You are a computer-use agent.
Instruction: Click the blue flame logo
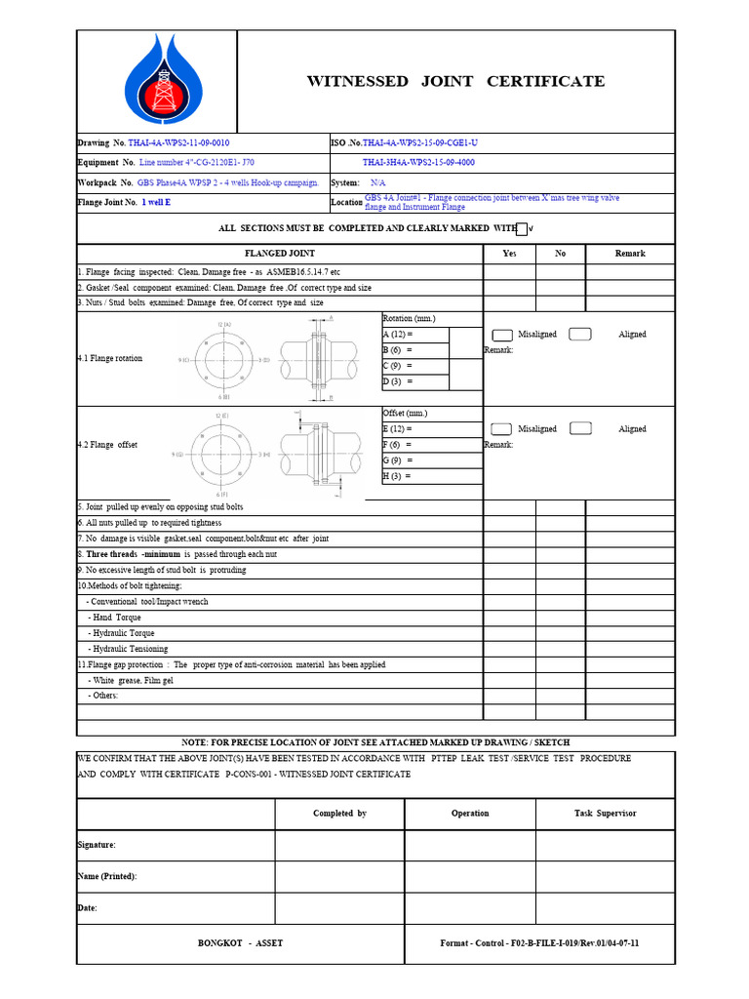(x=157, y=80)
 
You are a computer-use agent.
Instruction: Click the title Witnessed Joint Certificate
(x=455, y=81)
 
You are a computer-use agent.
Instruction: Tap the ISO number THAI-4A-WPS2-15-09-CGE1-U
(x=420, y=142)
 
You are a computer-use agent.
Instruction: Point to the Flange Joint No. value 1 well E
(x=157, y=203)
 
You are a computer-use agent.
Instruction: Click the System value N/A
(x=377, y=182)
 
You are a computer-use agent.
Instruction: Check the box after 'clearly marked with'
(x=521, y=229)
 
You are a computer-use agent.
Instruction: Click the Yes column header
(x=509, y=254)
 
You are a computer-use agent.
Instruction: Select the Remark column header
(x=629, y=254)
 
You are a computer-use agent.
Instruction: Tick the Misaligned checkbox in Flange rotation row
(x=502, y=335)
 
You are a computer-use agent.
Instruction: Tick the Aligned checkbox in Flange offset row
(x=580, y=428)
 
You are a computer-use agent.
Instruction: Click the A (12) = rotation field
(x=415, y=335)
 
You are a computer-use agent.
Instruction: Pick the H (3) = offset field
(x=415, y=476)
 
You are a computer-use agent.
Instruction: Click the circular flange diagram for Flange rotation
(x=222, y=359)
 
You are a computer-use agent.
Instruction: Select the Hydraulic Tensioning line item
(x=129, y=649)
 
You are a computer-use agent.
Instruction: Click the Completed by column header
(x=339, y=814)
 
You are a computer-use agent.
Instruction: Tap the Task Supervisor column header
(x=605, y=814)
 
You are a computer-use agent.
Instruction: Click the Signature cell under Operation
(x=470, y=845)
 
